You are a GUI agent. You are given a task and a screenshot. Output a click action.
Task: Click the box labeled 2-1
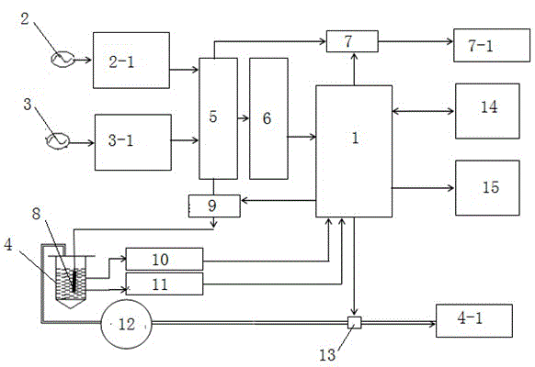pos(131,61)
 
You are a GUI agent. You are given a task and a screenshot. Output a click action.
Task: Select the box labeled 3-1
pos(133,142)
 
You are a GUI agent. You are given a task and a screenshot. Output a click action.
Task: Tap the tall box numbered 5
pos(219,118)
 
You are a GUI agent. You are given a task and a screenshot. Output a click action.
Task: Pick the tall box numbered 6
pos(268,118)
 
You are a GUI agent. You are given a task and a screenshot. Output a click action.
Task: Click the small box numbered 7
pos(352,41)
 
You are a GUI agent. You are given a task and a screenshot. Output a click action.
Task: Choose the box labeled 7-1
pos(492,45)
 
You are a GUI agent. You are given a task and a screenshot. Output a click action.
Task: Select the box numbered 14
pos(487,111)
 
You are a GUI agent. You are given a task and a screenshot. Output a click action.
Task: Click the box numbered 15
pos(487,188)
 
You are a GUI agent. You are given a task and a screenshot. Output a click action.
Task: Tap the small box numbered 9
pos(214,206)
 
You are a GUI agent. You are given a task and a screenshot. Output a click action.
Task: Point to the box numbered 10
pos(165,259)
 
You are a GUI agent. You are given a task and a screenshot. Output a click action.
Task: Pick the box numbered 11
pos(165,284)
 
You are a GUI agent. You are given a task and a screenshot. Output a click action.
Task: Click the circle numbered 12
pos(126,324)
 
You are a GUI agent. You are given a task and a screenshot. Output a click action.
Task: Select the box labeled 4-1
pos(474,321)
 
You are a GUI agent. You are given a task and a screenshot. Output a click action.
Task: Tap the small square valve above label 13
pos(355,322)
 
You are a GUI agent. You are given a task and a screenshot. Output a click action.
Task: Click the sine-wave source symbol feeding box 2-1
pos(63,60)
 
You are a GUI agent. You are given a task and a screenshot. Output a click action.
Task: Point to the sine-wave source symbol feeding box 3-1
pos(58,140)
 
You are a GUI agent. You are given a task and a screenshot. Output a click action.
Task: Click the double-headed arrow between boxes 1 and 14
pos(423,111)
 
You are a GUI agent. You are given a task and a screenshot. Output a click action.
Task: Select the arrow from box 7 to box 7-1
pos(415,41)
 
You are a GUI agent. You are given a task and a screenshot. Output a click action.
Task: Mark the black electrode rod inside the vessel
pos(74,280)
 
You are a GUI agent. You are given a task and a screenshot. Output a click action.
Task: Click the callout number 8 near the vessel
pos(36,214)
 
